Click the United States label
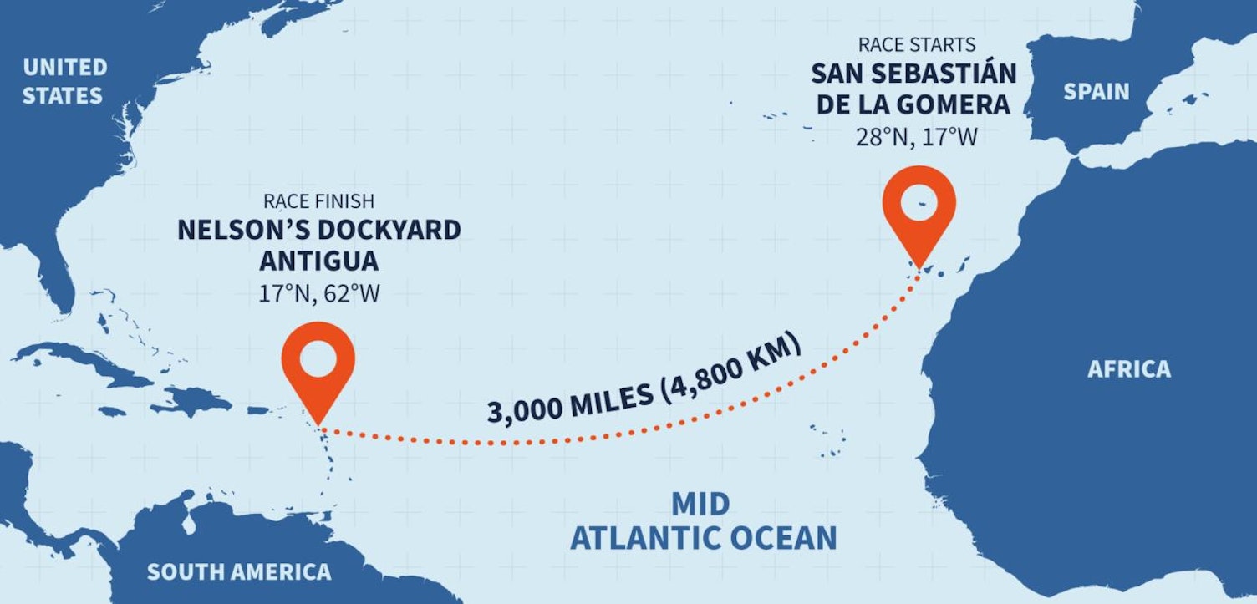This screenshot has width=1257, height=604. click(64, 81)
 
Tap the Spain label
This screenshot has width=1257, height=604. click(1096, 92)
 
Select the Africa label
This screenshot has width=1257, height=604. click(1128, 369)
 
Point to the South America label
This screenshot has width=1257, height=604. click(238, 572)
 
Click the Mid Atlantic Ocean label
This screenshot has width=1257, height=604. click(703, 521)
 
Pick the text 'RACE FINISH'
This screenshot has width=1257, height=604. click(318, 201)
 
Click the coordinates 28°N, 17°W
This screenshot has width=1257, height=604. click(915, 137)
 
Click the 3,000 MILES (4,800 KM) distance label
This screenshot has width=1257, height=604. click(645, 379)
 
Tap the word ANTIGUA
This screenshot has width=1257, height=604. click(318, 261)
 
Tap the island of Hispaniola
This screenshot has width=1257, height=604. click(196, 400)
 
